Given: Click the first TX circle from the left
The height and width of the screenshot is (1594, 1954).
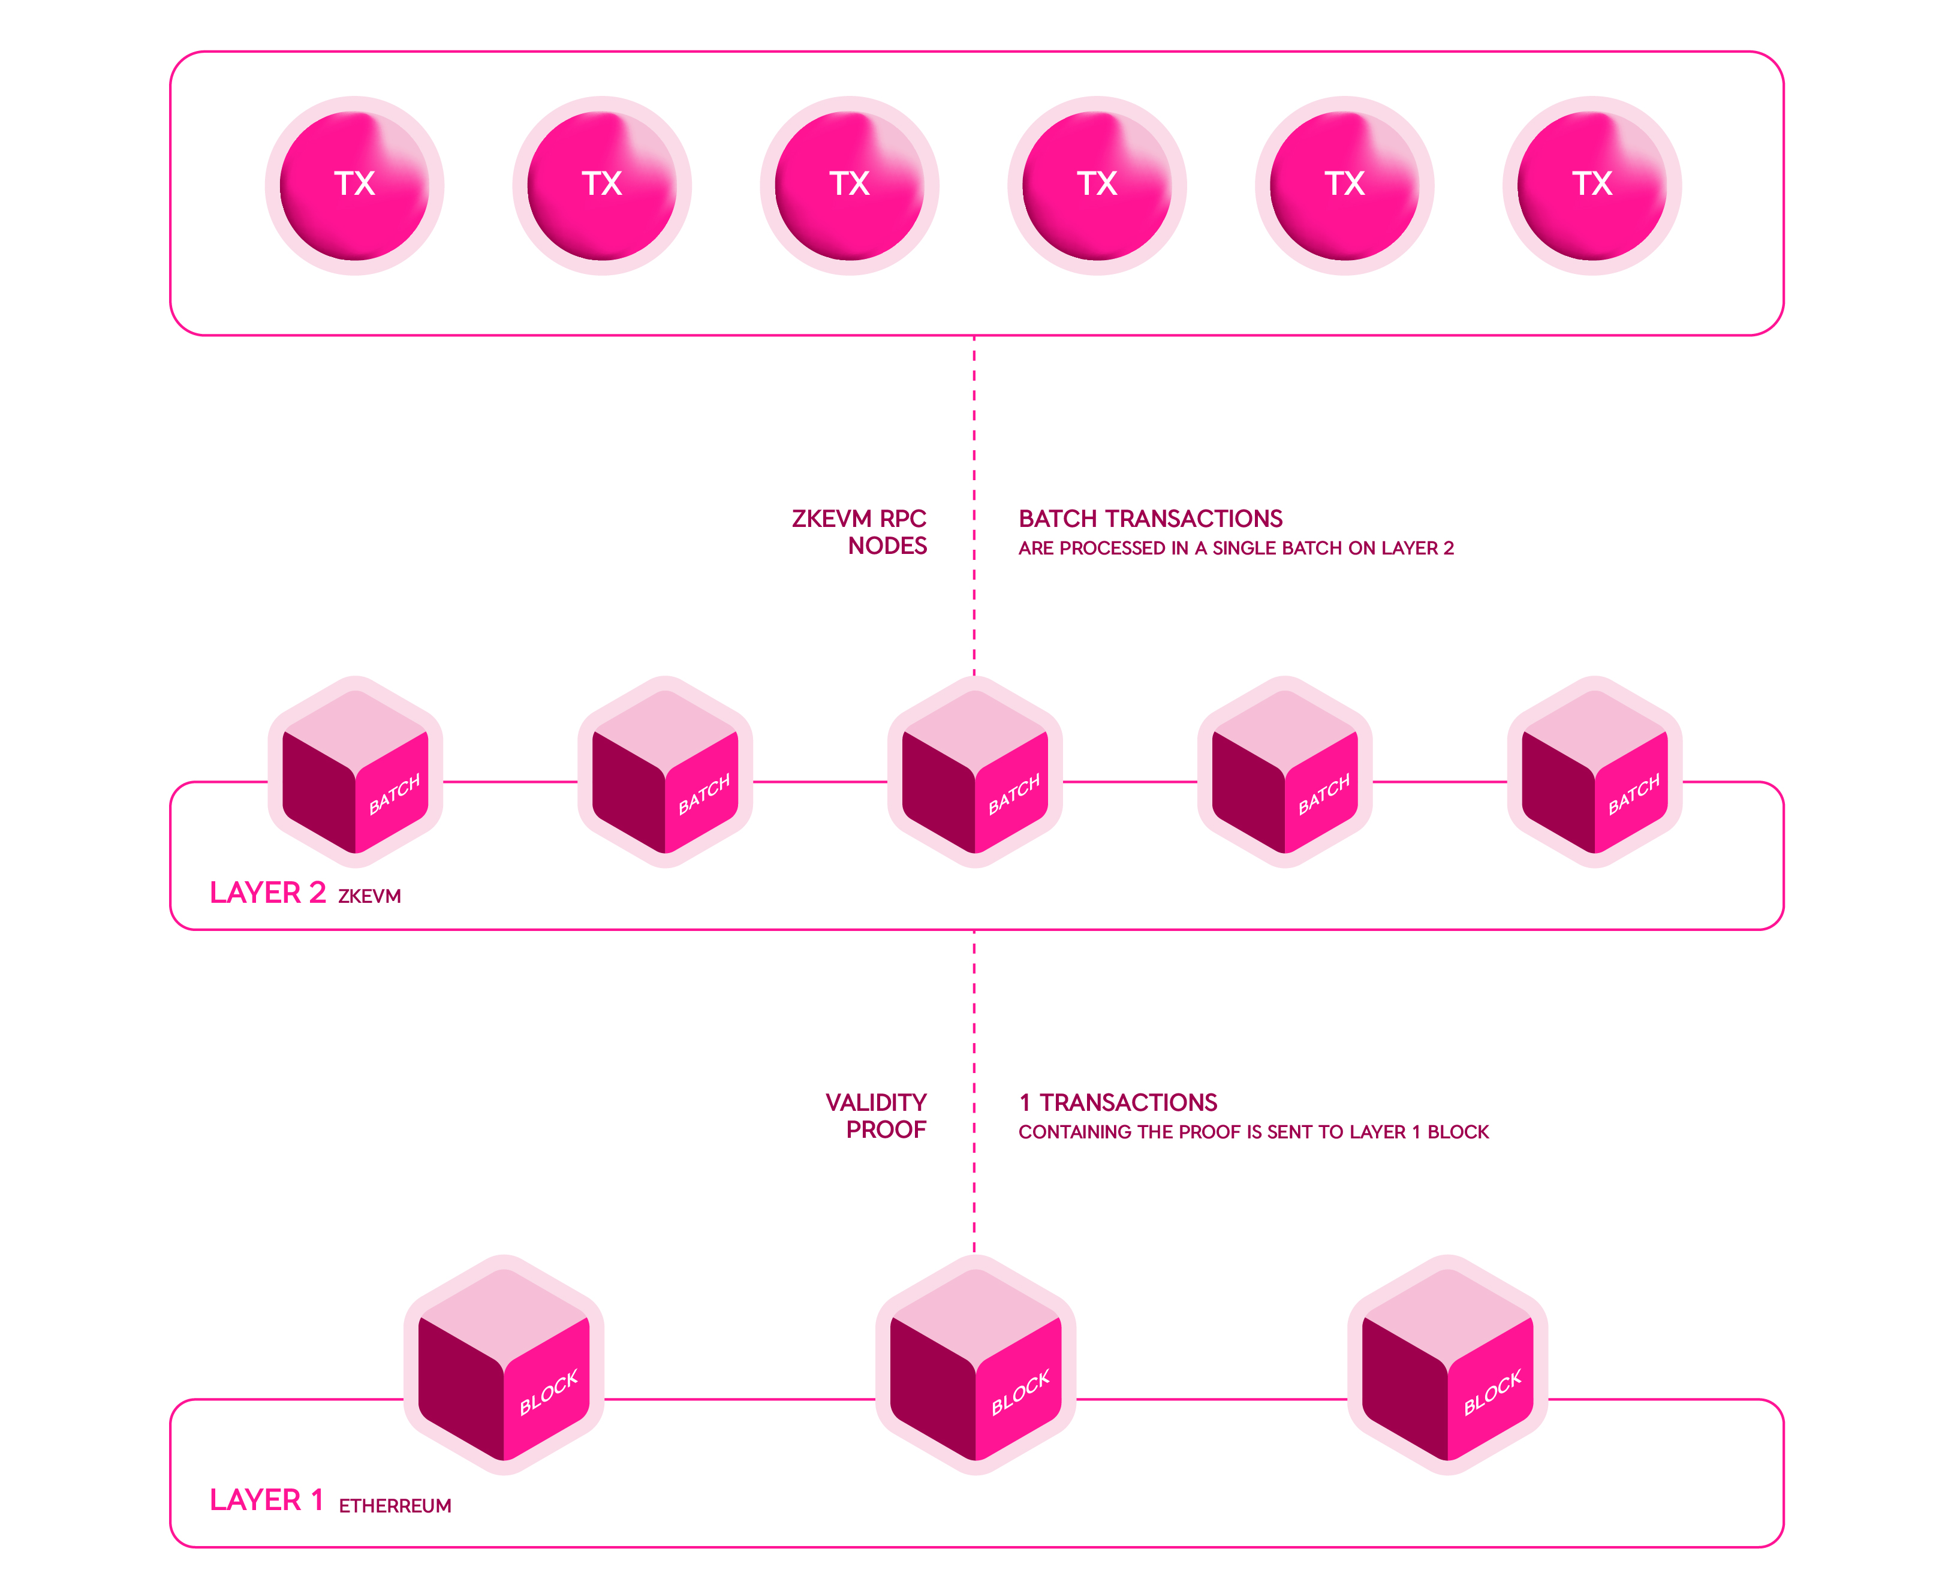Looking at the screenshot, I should (x=354, y=185).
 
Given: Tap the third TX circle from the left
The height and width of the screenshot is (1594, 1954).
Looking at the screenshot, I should (x=850, y=185).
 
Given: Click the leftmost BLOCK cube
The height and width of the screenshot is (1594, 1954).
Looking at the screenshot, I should (x=504, y=1366).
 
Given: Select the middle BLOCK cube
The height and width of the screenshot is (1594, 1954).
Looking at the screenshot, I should (x=975, y=1366).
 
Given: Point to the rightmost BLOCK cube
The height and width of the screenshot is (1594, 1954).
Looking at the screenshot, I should (x=1447, y=1366).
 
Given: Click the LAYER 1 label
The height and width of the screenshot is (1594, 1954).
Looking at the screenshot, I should (x=266, y=1500).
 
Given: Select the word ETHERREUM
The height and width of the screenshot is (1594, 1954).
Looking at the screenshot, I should (x=395, y=1506).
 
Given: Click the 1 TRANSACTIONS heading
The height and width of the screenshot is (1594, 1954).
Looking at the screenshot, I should (x=1118, y=1103).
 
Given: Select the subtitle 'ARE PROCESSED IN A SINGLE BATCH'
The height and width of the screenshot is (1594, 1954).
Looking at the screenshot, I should (x=1235, y=548).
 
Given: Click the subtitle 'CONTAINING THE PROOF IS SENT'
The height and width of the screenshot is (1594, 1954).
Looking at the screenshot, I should (x=1253, y=1132).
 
